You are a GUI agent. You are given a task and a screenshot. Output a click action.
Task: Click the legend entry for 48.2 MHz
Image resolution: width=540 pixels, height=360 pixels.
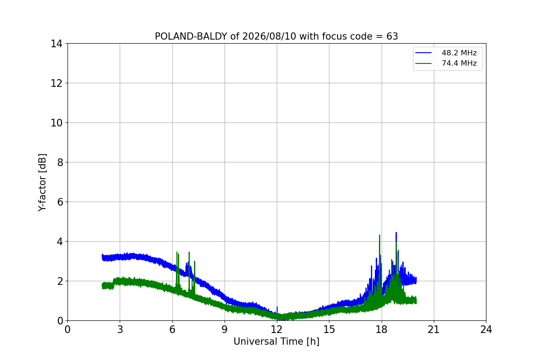pos(446,53)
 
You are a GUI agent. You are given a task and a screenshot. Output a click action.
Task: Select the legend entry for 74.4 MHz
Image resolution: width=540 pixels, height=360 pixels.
pos(446,63)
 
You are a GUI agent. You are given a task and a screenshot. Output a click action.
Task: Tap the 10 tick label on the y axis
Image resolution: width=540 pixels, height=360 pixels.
pos(56,123)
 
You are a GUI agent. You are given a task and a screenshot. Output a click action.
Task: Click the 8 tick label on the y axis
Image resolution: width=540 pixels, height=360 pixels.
pos(60,162)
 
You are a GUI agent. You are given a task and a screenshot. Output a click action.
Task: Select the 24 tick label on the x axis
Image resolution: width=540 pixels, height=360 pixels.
pos(486,329)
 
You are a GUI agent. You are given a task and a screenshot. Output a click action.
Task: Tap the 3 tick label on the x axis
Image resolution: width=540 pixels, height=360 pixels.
pos(120,329)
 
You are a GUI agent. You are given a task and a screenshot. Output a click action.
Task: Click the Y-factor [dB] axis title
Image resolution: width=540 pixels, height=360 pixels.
pos(42,183)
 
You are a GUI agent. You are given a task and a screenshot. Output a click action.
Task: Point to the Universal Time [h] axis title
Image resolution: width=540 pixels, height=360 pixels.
pos(276,342)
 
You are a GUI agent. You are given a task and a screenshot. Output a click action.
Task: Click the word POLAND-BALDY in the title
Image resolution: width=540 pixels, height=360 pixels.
pos(191,36)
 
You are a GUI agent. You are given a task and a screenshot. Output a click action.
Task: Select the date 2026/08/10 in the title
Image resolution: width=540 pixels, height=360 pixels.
pos(269,36)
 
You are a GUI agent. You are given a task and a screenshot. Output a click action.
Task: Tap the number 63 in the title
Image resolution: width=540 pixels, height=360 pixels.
pos(392,36)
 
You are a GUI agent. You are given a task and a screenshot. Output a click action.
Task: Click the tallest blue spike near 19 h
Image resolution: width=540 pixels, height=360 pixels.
pos(396,233)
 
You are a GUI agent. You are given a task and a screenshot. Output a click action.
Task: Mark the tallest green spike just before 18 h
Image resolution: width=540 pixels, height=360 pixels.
pos(379,235)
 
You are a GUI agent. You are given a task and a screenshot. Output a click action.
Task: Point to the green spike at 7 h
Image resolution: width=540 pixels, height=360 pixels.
pos(189,253)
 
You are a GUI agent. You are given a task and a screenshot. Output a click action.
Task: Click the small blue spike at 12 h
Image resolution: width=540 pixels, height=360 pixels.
pos(277,307)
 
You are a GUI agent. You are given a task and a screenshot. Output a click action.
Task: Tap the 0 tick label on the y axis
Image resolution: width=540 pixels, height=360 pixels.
pos(60,321)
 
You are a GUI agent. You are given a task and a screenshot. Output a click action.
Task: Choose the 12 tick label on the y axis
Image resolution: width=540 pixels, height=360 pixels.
pos(56,83)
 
